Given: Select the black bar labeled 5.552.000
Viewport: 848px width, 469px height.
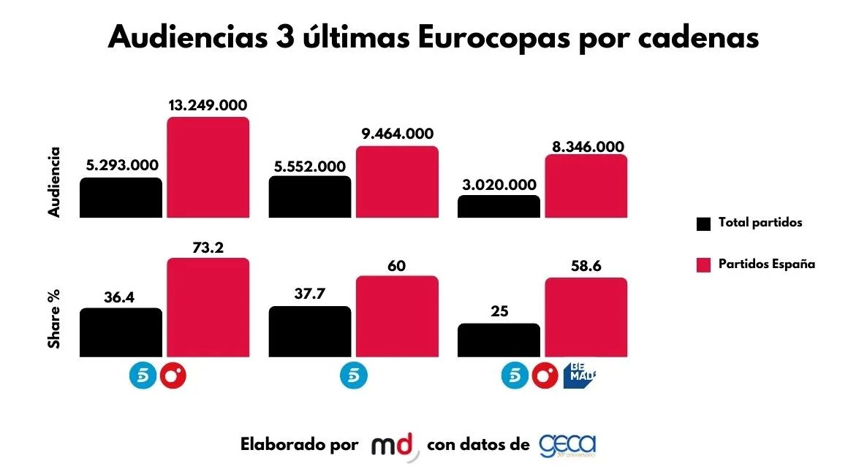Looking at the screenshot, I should click(x=309, y=197).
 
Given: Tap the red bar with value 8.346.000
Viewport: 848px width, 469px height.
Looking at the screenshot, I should click(x=586, y=186).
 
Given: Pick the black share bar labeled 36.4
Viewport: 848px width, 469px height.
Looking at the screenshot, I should click(x=121, y=332).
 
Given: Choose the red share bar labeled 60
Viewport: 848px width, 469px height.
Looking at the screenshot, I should click(x=397, y=316).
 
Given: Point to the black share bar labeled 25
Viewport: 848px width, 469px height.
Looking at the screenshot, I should click(x=499, y=340).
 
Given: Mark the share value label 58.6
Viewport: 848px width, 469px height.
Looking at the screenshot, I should click(x=585, y=266).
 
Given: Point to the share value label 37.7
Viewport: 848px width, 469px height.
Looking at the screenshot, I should click(x=309, y=294).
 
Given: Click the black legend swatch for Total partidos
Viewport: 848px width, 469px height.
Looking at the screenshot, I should click(x=703, y=224).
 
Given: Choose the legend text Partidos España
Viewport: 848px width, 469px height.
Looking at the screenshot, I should click(x=765, y=264).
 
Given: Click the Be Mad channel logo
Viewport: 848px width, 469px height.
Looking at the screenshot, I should click(x=580, y=375).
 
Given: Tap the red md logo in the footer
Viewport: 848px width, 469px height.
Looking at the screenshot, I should click(x=395, y=446).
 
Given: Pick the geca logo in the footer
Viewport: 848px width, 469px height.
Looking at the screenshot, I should click(x=568, y=445).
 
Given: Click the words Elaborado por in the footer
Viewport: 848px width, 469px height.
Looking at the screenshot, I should click(x=299, y=445).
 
